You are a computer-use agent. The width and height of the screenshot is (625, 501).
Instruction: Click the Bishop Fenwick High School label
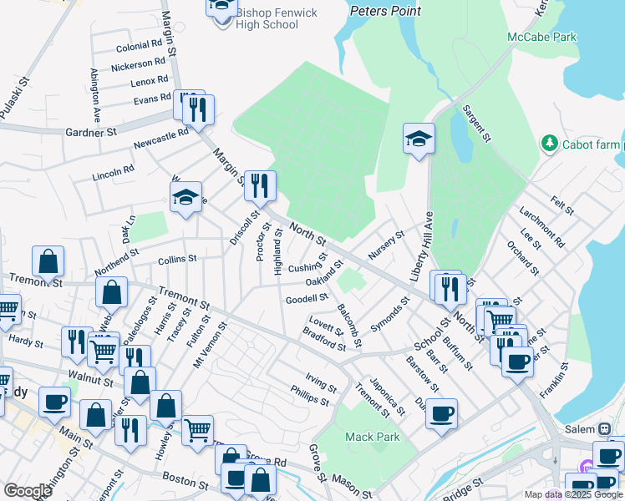pyautogui.click(x=267, y=18)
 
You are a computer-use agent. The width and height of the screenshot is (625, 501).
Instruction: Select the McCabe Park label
pyautogui.click(x=541, y=38)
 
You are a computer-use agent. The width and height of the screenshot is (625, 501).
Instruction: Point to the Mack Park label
pyautogui.click(x=372, y=437)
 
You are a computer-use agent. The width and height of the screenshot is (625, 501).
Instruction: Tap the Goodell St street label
pyautogui.click(x=307, y=299)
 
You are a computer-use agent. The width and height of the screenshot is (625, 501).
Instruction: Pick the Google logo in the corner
pyautogui.click(x=28, y=491)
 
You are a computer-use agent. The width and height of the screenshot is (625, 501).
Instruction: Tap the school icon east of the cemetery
pyautogui.click(x=419, y=138)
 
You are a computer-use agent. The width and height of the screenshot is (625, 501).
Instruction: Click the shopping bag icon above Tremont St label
pyautogui.click(x=48, y=261)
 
